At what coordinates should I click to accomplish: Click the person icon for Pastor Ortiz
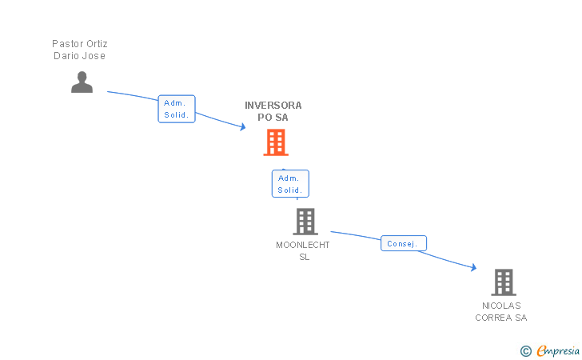pyautogui.click(x=82, y=82)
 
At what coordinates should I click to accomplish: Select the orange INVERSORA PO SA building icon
pyautogui.click(x=276, y=142)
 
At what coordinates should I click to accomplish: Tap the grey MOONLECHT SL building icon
pyautogui.click(x=305, y=222)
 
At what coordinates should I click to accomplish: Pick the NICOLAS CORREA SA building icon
pyautogui.click(x=503, y=282)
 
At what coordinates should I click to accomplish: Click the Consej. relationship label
pyautogui.click(x=403, y=243)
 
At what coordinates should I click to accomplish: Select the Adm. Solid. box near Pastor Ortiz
pyautogui.click(x=176, y=109)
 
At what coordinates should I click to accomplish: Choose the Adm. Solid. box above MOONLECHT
pyautogui.click(x=289, y=184)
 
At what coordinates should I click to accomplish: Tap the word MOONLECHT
pyautogui.click(x=303, y=246)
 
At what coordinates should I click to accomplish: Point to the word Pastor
pyautogui.click(x=66, y=44)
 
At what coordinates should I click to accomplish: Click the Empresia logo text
pyautogui.click(x=558, y=350)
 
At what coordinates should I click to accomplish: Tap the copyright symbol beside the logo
pyautogui.click(x=525, y=350)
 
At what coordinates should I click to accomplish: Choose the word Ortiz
pyautogui.click(x=96, y=44)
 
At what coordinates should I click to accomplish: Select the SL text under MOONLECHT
pyautogui.click(x=304, y=258)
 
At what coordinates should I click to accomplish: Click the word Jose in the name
pyautogui.click(x=94, y=56)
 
